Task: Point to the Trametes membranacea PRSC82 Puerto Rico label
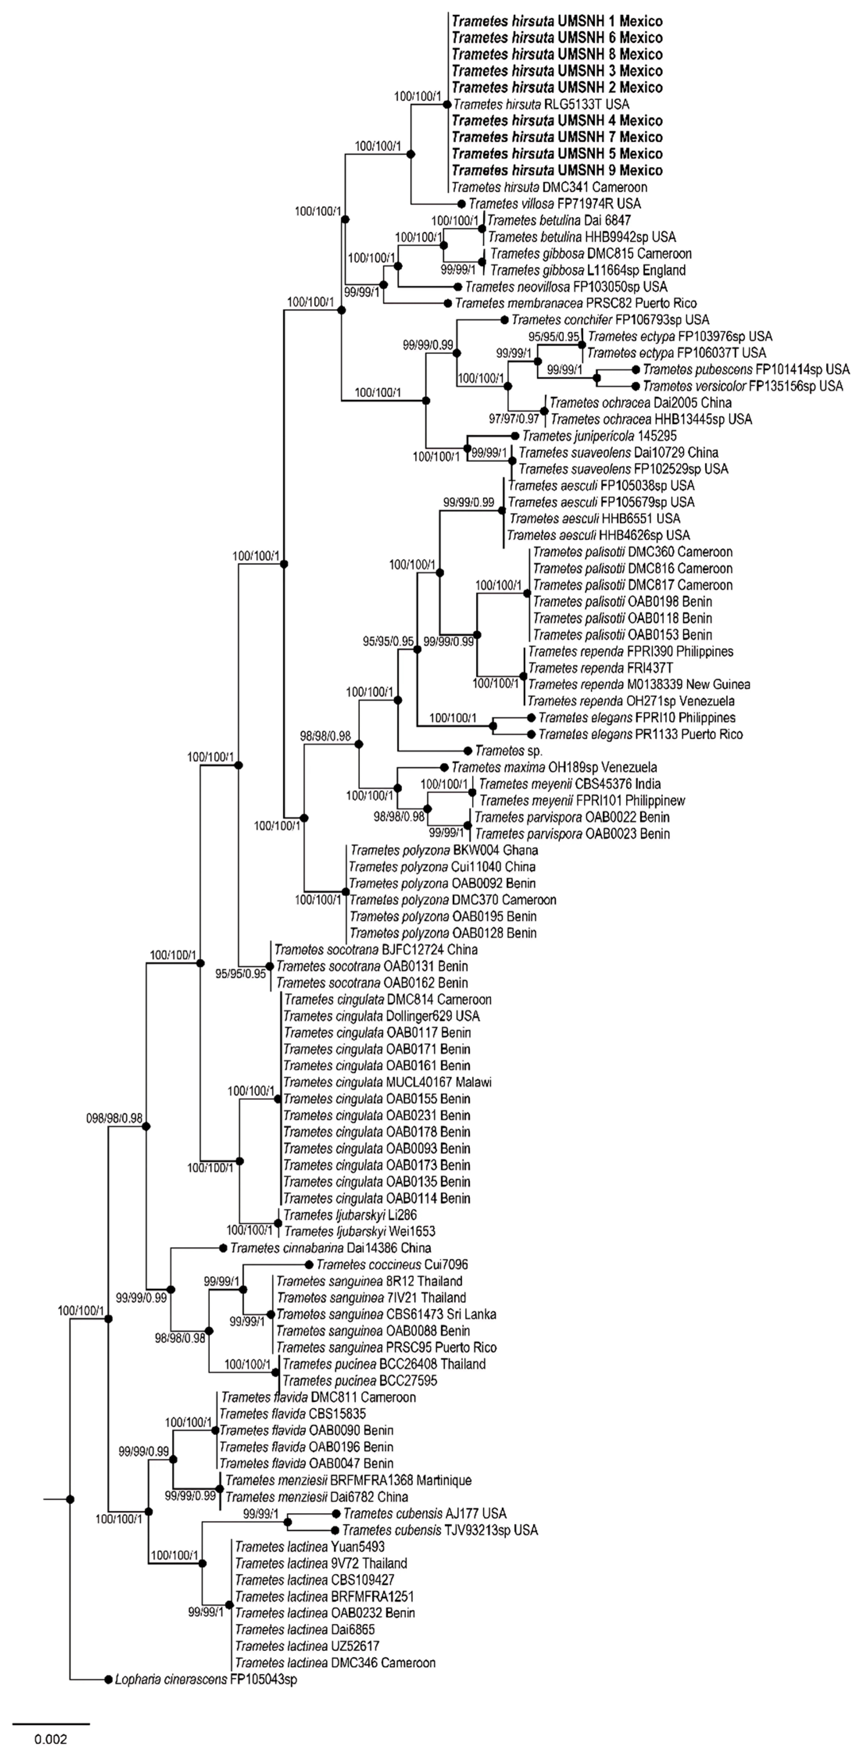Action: click(575, 303)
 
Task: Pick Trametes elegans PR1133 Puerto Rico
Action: click(640, 735)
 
